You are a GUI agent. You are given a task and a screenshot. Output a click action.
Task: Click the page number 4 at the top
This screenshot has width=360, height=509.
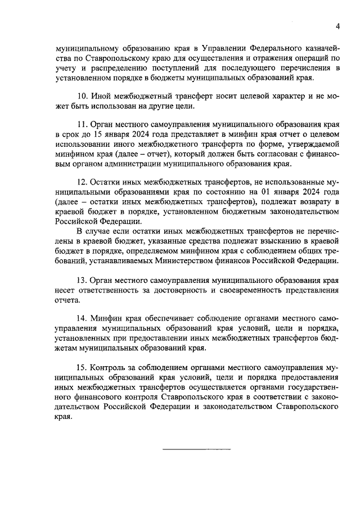337,26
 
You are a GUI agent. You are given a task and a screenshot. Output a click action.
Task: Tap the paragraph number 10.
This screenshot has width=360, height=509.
82,96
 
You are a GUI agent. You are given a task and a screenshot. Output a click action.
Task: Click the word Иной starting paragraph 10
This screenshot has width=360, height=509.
101,96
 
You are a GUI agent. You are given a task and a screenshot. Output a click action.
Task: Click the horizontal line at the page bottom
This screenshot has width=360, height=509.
196,449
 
